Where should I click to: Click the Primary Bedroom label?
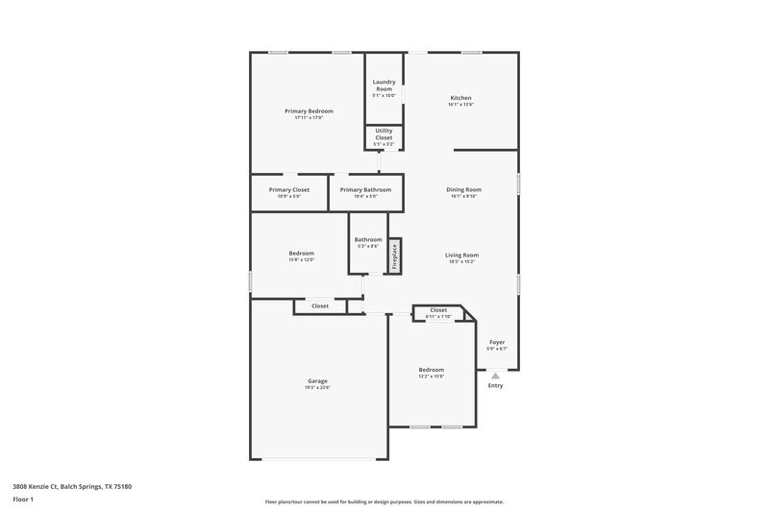point(309,111)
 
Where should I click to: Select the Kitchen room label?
point(460,98)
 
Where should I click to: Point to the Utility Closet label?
point(384,134)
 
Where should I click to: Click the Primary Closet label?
point(288,189)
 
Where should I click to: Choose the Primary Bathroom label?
point(365,189)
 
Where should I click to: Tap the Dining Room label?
point(463,189)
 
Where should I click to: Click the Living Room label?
point(461,255)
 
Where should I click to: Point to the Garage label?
point(317,380)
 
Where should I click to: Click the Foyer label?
point(497,342)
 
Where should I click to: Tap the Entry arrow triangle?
point(495,376)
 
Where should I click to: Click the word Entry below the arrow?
point(495,386)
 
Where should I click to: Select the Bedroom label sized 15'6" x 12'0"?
point(302,253)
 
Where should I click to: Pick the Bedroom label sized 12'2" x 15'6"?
point(431,369)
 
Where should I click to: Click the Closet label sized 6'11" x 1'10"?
point(438,310)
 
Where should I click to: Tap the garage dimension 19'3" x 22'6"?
point(317,387)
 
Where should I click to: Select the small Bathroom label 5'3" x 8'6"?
point(368,239)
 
